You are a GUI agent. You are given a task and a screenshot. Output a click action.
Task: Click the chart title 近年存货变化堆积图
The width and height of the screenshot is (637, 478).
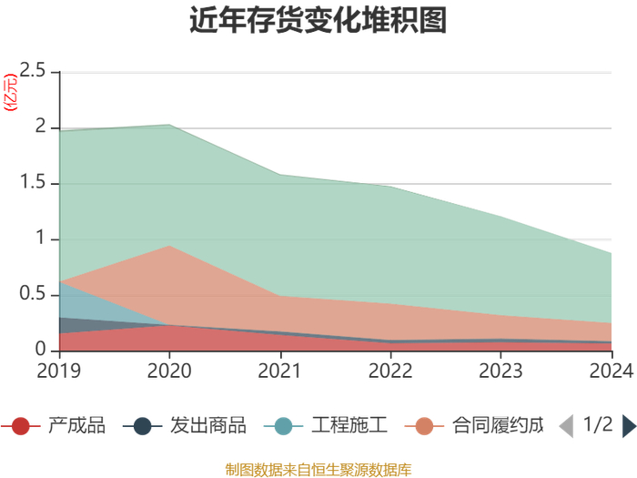tap(318, 20)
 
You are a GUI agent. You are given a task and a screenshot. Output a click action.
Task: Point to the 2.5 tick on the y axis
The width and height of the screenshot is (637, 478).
tap(33, 71)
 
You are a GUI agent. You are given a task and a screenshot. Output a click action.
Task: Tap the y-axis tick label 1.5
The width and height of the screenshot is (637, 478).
tap(33, 182)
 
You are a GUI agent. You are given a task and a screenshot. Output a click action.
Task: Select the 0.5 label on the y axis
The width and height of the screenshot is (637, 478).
tap(33, 293)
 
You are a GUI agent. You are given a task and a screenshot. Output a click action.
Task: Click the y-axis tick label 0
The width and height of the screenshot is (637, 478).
tap(40, 349)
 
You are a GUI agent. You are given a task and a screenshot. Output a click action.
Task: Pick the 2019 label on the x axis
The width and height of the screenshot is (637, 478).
tap(59, 371)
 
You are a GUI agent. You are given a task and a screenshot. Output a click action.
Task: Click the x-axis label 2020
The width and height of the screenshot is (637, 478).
tap(169, 371)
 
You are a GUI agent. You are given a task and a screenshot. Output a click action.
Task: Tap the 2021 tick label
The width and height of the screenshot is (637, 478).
tap(279, 371)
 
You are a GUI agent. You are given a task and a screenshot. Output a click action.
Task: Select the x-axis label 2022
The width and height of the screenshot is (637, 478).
tap(390, 371)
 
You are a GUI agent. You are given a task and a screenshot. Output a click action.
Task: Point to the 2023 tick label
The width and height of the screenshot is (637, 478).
tap(500, 371)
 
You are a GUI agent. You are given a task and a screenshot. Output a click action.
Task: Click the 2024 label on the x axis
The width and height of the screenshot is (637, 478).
tap(612, 371)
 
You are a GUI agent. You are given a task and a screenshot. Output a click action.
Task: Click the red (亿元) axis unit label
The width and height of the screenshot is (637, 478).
tap(11, 92)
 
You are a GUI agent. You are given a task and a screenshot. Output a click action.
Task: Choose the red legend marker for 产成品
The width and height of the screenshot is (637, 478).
tap(21, 426)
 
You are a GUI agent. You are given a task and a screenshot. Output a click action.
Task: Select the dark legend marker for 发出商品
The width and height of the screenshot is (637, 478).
tap(142, 426)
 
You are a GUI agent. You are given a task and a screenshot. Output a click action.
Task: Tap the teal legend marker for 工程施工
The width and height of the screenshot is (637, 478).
tap(283, 426)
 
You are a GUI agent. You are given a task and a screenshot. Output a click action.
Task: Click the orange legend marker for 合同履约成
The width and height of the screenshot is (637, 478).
tap(424, 426)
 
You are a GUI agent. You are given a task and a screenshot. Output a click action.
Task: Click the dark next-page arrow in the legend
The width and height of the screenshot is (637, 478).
tap(630, 426)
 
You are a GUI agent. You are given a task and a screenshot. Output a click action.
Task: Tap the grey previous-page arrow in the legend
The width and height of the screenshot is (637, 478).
tap(566, 426)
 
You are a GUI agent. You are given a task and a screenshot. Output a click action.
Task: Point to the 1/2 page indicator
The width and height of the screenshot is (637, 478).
tap(598, 424)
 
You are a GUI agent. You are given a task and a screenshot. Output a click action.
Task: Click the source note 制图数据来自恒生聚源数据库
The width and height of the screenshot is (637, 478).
tap(318, 470)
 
